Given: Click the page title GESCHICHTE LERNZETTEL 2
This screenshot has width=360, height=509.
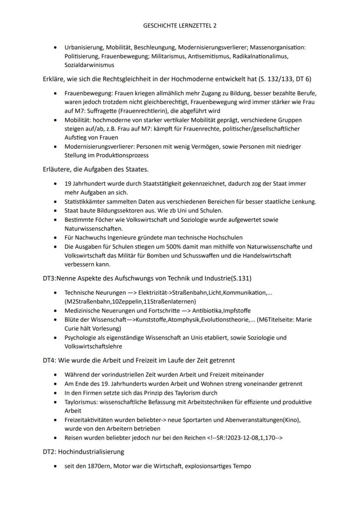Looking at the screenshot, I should [x=180, y=26].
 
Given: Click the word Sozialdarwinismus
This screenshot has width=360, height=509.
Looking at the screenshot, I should [x=89, y=65].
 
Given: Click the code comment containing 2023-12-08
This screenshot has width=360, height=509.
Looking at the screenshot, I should [x=245, y=438].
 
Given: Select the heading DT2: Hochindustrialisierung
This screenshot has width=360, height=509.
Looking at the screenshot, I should [x=83, y=452].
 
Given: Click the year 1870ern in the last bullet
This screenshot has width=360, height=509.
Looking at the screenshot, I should [x=91, y=466].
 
